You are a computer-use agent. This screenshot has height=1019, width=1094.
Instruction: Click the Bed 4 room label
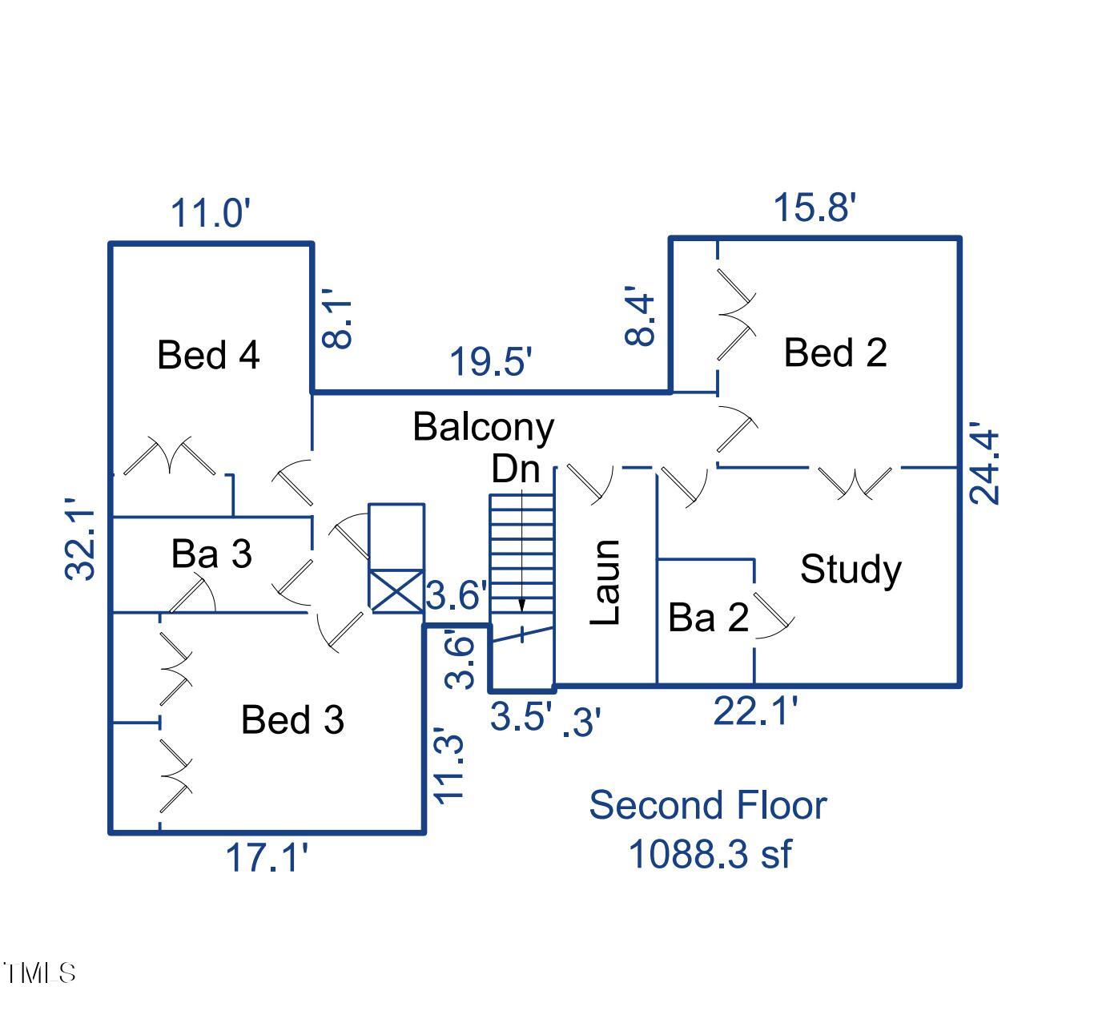(x=208, y=354)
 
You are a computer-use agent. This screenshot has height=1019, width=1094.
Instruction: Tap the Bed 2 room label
(x=835, y=352)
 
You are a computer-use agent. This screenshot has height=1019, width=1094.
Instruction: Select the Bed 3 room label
(x=292, y=719)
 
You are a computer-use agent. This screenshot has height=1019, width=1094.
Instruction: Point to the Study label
(x=851, y=569)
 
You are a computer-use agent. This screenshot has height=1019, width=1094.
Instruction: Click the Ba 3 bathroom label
(x=211, y=553)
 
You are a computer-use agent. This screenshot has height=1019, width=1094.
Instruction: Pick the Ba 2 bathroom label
(x=708, y=617)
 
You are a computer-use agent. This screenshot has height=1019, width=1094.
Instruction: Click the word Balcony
(x=483, y=426)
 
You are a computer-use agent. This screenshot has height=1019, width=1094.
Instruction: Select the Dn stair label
(x=515, y=469)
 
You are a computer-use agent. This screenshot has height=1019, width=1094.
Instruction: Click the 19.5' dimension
(x=491, y=361)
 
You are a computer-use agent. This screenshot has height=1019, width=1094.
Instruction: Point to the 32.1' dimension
(x=81, y=545)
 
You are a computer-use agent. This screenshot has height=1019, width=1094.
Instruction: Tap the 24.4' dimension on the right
(x=985, y=467)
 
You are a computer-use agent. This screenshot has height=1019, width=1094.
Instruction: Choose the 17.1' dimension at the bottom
(x=267, y=858)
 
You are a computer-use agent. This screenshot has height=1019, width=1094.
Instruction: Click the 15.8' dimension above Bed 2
(x=814, y=207)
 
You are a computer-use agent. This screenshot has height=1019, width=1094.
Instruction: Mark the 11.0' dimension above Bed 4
(x=211, y=214)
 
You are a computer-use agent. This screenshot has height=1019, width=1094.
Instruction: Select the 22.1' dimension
(x=755, y=711)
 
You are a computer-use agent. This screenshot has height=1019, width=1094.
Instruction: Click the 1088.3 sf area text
(x=710, y=854)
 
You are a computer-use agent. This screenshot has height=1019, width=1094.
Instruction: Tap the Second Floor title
(x=707, y=805)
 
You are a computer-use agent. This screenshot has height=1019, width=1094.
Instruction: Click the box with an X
(x=396, y=592)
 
